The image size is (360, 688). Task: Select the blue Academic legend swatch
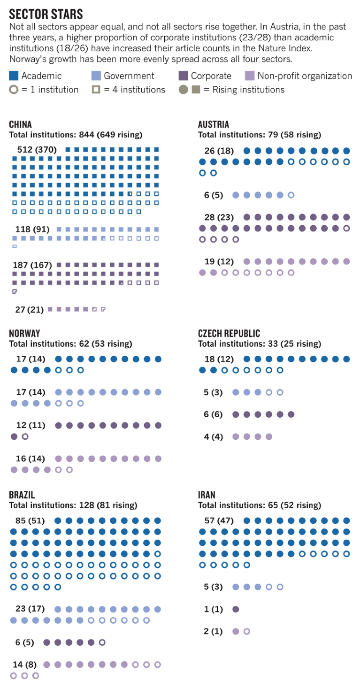14,76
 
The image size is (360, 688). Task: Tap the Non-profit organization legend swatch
250,76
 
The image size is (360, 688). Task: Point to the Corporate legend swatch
183,76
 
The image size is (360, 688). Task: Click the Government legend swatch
96,76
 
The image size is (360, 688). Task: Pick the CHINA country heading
21,124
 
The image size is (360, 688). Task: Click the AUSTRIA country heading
214,124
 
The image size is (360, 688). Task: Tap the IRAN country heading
207,495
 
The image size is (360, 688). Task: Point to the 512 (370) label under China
35,150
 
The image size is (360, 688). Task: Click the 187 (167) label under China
32,265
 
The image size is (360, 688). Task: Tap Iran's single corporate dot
236,610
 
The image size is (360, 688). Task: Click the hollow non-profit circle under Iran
247,632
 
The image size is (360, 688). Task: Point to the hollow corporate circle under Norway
25,436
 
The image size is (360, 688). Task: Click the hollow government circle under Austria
291,195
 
